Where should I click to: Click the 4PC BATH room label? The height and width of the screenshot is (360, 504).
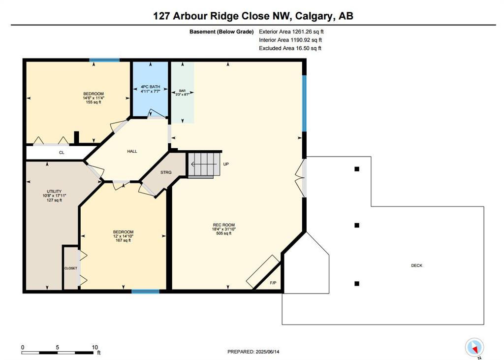pyautogui.click(x=150, y=87)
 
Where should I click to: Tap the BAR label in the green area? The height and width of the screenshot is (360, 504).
pyautogui.click(x=182, y=91)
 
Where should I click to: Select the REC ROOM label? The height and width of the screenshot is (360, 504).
pyautogui.click(x=224, y=225)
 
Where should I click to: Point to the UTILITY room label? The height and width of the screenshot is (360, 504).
pyautogui.click(x=54, y=192)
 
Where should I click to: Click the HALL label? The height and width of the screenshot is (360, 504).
pyautogui.click(x=132, y=151)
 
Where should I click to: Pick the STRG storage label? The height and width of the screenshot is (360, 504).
pyautogui.click(x=166, y=172)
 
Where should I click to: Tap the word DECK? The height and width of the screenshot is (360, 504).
pyautogui.click(x=416, y=265)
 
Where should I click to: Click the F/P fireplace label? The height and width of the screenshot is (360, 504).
pyautogui.click(x=273, y=283)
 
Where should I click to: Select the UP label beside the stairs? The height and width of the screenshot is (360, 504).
pyautogui.click(x=226, y=164)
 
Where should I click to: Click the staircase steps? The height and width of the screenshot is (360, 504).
pyautogui.click(x=204, y=164)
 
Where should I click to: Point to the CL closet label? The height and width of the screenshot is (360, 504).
pyautogui.click(x=62, y=153)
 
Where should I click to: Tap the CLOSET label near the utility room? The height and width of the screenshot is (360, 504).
pyautogui.click(x=71, y=268)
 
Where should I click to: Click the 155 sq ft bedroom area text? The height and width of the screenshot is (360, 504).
pyautogui.click(x=94, y=102)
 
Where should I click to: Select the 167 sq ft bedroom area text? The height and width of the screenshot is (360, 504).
pyautogui.click(x=123, y=240)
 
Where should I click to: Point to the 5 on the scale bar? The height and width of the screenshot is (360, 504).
pyautogui.click(x=57, y=348)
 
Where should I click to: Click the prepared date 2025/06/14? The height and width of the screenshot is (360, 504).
pyautogui.click(x=267, y=352)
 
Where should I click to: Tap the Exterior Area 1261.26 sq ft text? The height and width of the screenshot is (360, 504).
pyautogui.click(x=291, y=32)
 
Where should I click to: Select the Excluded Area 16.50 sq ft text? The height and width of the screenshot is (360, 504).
pyautogui.click(x=290, y=48)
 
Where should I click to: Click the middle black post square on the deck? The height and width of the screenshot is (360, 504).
pyautogui.click(x=357, y=225)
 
